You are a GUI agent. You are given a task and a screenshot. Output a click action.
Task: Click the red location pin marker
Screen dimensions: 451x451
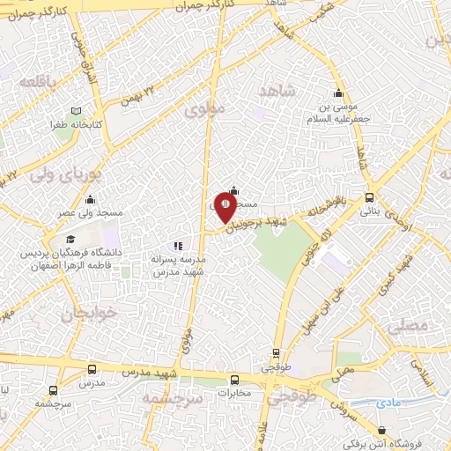point(225,206)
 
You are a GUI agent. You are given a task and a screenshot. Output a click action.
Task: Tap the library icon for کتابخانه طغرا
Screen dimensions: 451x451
point(76,112)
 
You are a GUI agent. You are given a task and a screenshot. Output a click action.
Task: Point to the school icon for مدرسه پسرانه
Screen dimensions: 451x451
point(179,246)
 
